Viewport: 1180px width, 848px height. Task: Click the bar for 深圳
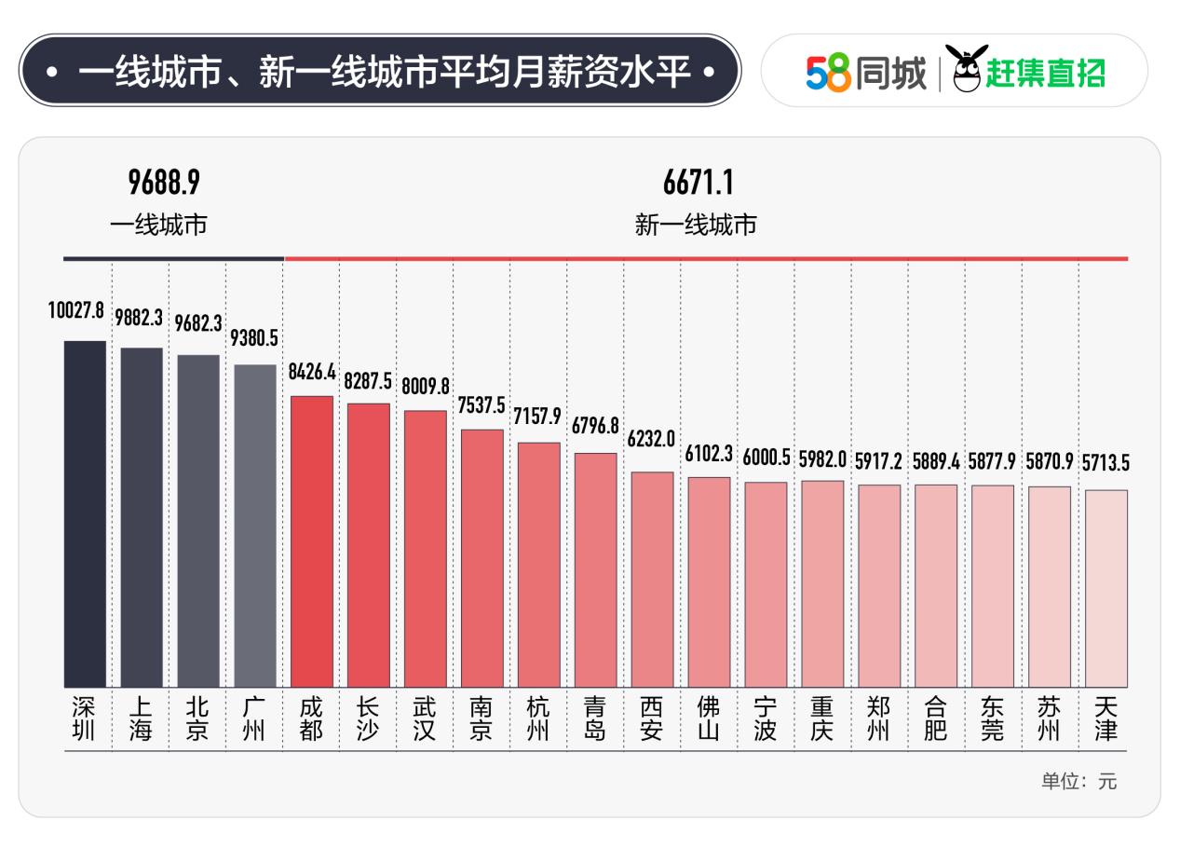[x=85, y=513]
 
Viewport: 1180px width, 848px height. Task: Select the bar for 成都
[x=312, y=541]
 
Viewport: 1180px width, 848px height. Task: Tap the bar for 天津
[x=1106, y=588]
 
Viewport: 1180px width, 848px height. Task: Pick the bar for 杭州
[x=539, y=565]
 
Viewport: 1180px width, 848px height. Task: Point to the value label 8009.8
[x=426, y=384]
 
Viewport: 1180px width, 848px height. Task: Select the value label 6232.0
[x=651, y=439]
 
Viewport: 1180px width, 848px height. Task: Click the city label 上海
[x=141, y=720]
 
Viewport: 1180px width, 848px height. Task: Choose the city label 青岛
[x=595, y=720]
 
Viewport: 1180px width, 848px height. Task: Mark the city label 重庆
[x=822, y=720]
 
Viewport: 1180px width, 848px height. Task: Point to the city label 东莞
[x=993, y=720]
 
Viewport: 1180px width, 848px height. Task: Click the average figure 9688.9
[x=164, y=184]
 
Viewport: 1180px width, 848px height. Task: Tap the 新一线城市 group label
[x=696, y=226]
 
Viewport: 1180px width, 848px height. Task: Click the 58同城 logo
[x=866, y=73]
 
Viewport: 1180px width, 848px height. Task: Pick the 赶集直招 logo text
[x=1045, y=73]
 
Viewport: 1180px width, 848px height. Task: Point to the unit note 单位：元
[x=1078, y=782]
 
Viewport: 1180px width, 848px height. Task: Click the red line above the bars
[x=706, y=258]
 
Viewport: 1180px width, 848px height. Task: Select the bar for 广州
[x=255, y=526]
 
